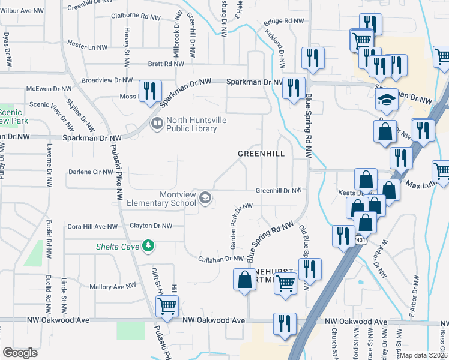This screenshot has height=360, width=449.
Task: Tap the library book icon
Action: click(x=157, y=123)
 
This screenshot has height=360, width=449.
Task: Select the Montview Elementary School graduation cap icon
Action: click(x=205, y=198)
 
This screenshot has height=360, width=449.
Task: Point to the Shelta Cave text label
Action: click(x=118, y=247)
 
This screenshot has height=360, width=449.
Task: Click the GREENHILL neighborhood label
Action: click(x=261, y=154)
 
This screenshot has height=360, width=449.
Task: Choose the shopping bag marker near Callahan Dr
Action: click(x=244, y=280)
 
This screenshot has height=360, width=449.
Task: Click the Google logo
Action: click(x=20, y=353)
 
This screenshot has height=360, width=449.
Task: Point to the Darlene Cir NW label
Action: click(x=91, y=172)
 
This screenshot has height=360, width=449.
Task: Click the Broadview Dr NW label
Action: click(x=107, y=80)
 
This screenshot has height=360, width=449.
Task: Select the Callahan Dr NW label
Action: click(x=221, y=259)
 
